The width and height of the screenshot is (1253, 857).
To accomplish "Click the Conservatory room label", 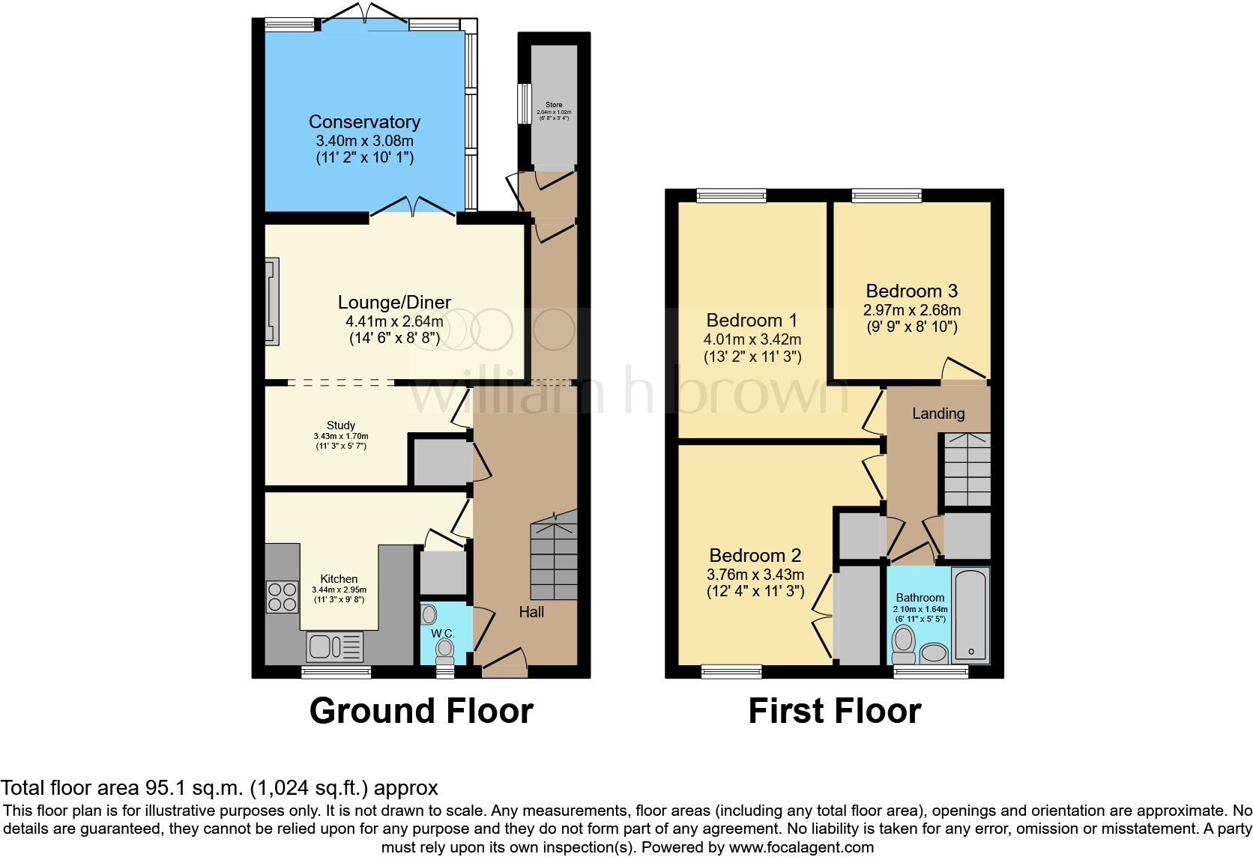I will pos(364,121).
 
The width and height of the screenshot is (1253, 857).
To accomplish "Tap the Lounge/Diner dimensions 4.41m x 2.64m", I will pos(394,321).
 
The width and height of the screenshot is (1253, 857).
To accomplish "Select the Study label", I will pos(341,426).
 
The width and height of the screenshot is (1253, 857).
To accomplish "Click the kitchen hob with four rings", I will pos(282,597).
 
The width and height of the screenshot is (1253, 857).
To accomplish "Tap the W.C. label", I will pos(443,634).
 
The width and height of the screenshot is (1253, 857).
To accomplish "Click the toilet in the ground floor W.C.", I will pos(445,649).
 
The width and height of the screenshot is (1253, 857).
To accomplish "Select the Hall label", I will pos(531,612).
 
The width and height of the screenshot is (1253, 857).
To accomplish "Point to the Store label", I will pos(554,105).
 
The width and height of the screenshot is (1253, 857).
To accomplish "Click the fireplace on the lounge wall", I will pos(271,302).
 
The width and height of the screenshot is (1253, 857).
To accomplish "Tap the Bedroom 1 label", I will pos(752,321).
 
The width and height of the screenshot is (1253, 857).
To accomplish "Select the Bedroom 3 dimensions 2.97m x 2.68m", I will pos(912,310).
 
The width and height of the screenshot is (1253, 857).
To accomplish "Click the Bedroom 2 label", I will pos(755,556).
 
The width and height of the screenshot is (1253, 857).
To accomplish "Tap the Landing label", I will pos(938,413).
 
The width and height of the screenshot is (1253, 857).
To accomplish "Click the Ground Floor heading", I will pos(421,711).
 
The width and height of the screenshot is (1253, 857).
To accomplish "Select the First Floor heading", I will pos(834,711).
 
